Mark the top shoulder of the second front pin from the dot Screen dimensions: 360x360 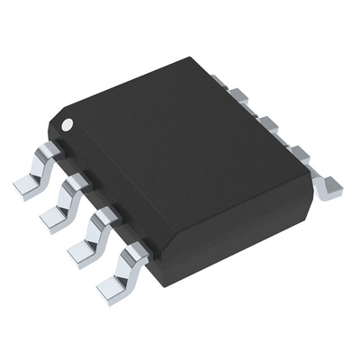(77, 183)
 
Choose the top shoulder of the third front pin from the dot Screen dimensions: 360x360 (106, 215)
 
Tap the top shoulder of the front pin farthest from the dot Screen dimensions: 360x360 (135, 250)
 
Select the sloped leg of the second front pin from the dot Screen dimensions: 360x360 (66, 200)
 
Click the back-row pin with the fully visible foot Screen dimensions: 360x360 (331, 186)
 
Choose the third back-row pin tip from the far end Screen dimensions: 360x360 (268, 123)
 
